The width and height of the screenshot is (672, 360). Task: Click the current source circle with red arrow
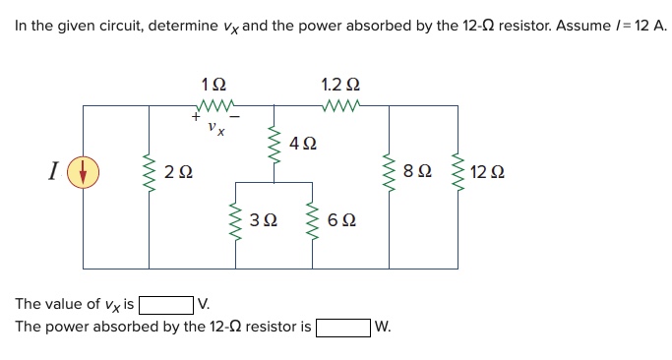tap(84, 174)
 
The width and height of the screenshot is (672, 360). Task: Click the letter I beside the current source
tap(51, 174)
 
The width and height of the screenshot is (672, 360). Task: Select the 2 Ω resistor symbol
tap(150, 173)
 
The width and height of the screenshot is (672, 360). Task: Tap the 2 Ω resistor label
tap(178, 174)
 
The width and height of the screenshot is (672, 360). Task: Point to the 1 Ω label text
tap(214, 85)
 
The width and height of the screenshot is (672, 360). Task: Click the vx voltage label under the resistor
tap(215, 127)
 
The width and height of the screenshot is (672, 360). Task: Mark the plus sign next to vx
tap(195, 118)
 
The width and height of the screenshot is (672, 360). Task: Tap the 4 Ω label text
tap(304, 145)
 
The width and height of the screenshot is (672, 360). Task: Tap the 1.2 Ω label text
tap(339, 85)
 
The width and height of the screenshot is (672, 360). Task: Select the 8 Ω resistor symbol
tap(392, 173)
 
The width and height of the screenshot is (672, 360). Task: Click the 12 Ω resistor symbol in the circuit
tap(457, 173)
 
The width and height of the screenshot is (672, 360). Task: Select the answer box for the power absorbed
tap(342, 326)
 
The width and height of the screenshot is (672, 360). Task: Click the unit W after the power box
tap(383, 326)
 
